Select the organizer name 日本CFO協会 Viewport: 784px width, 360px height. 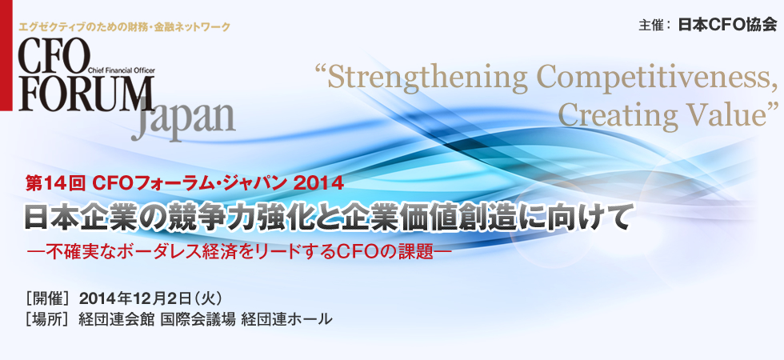[x=726, y=24]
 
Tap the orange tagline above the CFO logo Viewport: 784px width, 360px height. [x=123, y=27]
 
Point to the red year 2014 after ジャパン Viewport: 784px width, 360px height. [x=319, y=183]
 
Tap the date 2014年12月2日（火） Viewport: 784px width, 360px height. [x=157, y=299]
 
